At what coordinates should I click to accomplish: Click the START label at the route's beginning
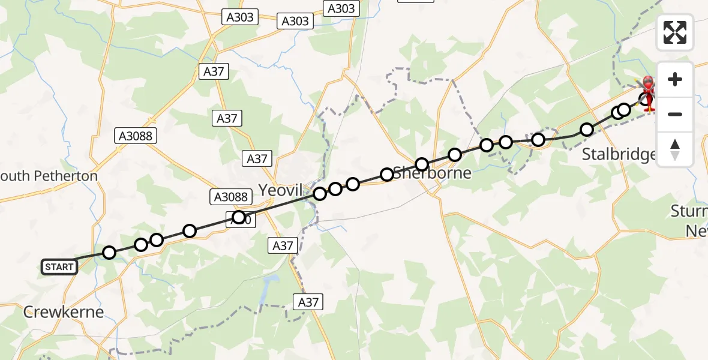59,266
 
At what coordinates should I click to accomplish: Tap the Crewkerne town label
63,312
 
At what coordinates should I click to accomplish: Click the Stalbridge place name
619,155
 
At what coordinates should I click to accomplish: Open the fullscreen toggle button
675,32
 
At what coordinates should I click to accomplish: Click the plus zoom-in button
675,79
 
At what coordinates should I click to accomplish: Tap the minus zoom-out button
675,114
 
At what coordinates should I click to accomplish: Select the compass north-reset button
675,149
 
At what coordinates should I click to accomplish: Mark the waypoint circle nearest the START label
109,253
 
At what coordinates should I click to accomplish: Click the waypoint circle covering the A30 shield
239,217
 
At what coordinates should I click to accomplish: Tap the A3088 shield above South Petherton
136,137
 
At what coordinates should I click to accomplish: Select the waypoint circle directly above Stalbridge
587,130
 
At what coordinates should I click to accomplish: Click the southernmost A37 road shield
308,302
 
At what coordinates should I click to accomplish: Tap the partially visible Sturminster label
690,221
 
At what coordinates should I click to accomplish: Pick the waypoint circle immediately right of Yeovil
320,193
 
